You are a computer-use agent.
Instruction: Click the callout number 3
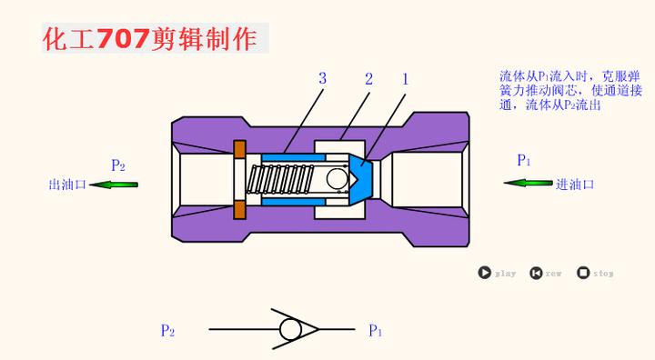[x=322, y=78]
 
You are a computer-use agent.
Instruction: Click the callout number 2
[x=368, y=78]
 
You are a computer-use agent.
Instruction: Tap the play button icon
[x=485, y=272]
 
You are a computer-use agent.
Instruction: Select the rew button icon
[x=536, y=272]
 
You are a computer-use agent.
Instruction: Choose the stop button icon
[x=583, y=272]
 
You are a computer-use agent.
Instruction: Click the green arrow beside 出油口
[x=115, y=185]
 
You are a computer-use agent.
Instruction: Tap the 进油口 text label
[x=575, y=185]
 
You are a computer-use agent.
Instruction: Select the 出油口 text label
[x=66, y=185]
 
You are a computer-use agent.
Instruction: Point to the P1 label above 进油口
[x=524, y=161]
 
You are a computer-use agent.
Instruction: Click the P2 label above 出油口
[x=118, y=165]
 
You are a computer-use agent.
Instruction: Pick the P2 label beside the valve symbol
[x=167, y=331]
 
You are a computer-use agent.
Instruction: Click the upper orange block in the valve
[x=240, y=149]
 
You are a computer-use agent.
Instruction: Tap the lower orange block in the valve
[x=240, y=210]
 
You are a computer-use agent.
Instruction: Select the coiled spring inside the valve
[x=287, y=179]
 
